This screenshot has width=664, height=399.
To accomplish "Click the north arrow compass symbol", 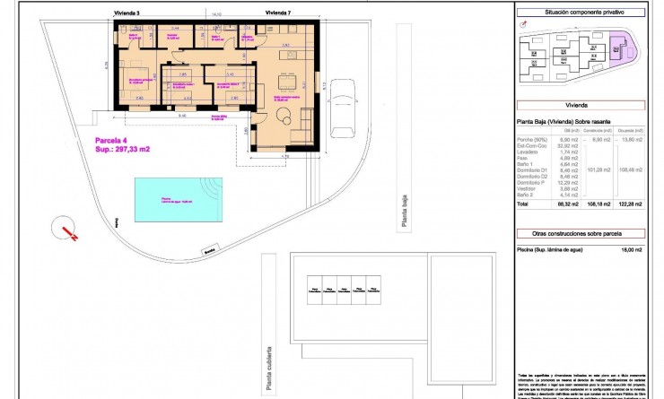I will click(x=67, y=228).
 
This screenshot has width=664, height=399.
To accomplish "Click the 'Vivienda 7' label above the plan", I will click(x=279, y=13).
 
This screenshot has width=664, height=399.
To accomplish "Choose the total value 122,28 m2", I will click(x=630, y=205).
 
